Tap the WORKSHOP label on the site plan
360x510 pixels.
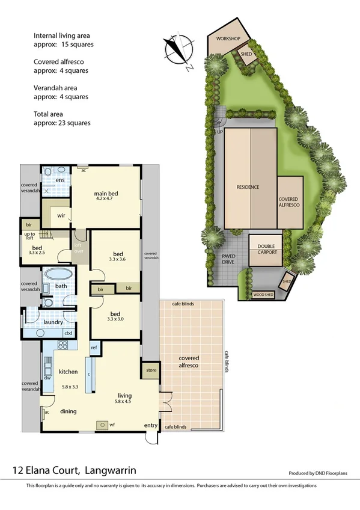coord(228,39)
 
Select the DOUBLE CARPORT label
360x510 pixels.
coord(267,249)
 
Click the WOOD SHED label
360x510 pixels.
coord(263,295)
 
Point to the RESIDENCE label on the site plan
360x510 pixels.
coord(247,187)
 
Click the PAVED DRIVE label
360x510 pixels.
coord(229,259)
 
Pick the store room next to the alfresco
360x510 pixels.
coord(150,370)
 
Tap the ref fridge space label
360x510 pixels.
coord(94,348)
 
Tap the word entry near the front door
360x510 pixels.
coord(150,426)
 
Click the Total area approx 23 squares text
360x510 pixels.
coord(62,118)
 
